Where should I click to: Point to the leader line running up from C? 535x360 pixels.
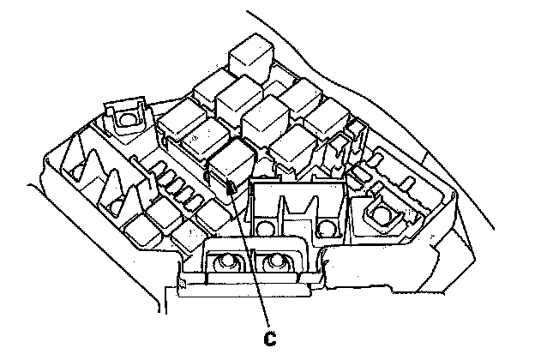[251, 257]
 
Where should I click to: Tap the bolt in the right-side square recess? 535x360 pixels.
[380, 213]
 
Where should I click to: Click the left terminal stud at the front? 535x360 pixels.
[229, 263]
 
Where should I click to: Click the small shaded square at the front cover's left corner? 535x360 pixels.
[182, 277]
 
